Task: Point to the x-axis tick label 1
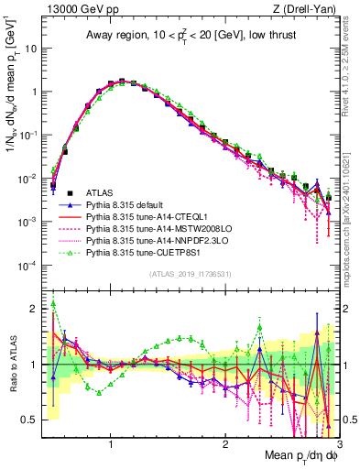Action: pyautogui.click(x=111, y=442)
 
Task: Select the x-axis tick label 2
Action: pyautogui.click(x=225, y=442)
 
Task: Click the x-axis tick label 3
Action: pyautogui.click(x=338, y=442)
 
